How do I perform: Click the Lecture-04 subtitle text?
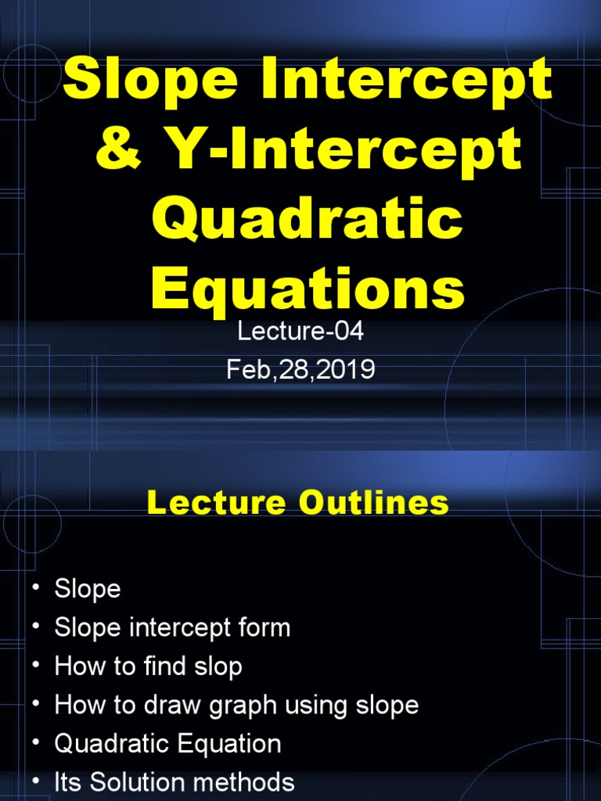(x=300, y=332)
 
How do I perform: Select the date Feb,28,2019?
(x=300, y=369)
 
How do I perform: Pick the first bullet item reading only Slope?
(x=88, y=588)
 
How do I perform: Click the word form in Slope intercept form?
(x=265, y=627)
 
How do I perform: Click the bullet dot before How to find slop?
(x=35, y=666)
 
